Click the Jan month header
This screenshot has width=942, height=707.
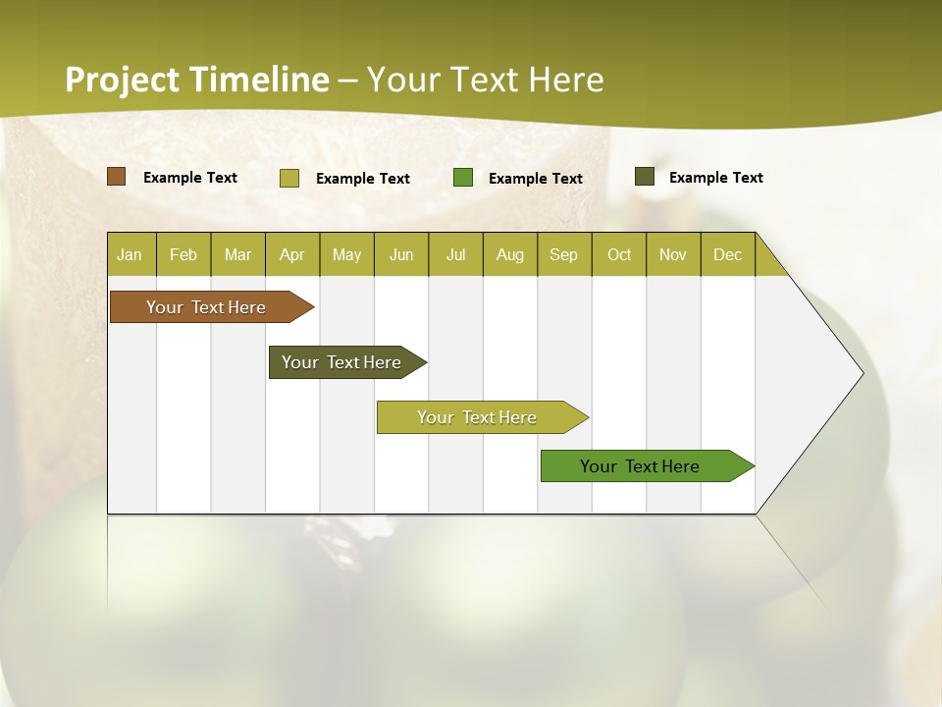tap(131, 254)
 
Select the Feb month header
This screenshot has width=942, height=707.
tap(183, 254)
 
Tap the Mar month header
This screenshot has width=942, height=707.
tap(237, 254)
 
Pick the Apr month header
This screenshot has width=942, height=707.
tap(292, 254)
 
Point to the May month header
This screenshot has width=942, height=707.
tap(346, 254)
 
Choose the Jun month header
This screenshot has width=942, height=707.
tap(401, 254)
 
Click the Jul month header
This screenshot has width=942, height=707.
tap(455, 254)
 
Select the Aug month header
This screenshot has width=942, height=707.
tap(510, 254)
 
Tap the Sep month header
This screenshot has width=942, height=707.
tap(564, 254)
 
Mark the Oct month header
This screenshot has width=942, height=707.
tap(619, 254)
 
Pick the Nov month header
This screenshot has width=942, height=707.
tap(673, 254)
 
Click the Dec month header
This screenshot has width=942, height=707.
tap(728, 254)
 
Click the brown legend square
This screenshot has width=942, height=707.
tap(117, 177)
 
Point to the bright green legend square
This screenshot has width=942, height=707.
tap(463, 178)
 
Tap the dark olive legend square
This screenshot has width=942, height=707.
tap(645, 177)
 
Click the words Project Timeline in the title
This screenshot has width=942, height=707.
tap(197, 80)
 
